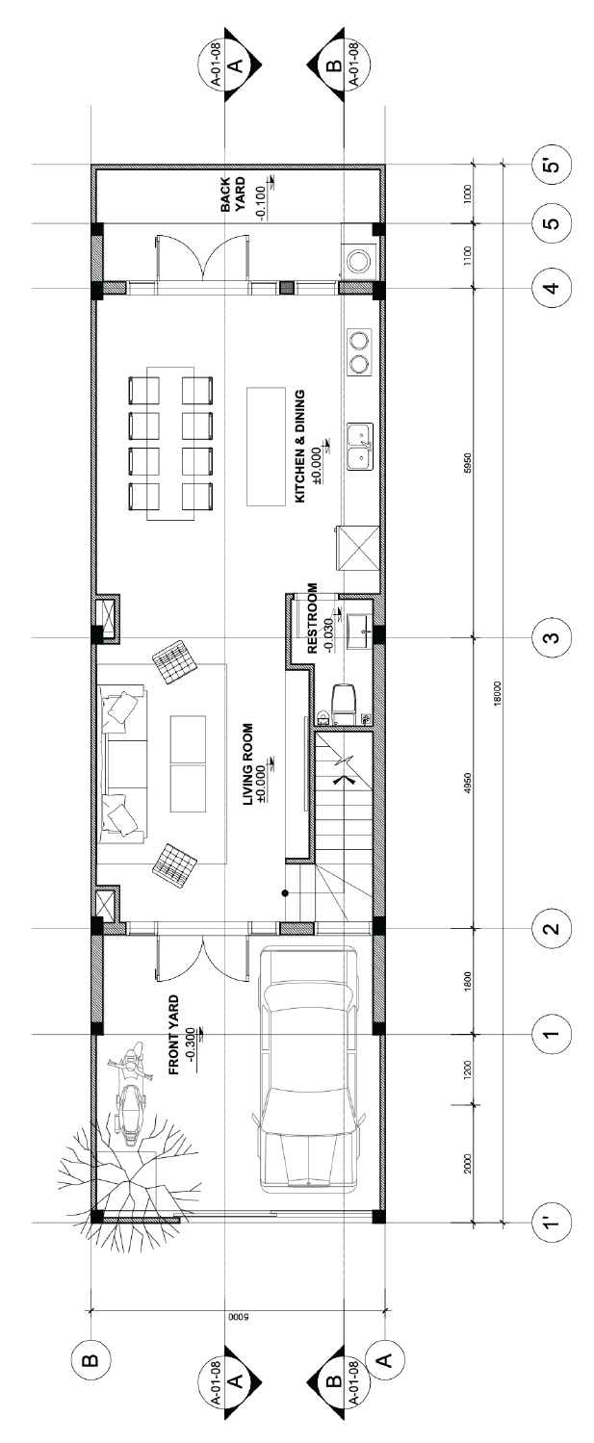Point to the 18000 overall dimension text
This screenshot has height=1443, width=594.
coord(496,694)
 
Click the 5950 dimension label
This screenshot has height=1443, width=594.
coord(468,463)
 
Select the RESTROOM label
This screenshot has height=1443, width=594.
coord(313,618)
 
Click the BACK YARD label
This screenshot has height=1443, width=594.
coord(233,194)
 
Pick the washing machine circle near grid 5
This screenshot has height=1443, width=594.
coord(357,260)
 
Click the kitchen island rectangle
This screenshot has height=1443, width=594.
coord(266,447)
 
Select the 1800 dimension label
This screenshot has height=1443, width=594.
coord(468,981)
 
